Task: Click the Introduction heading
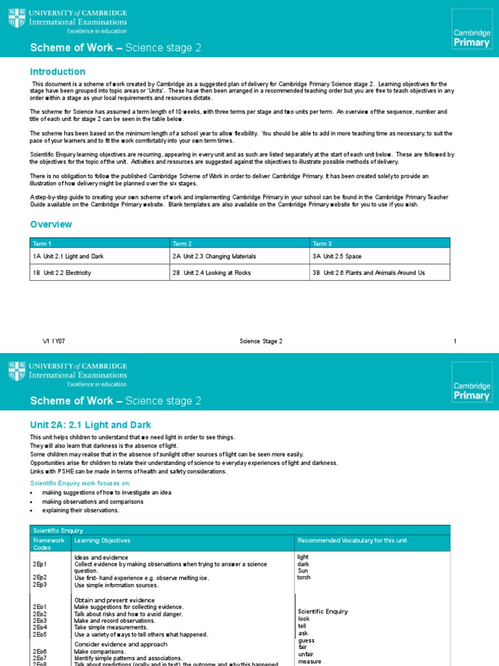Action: tap(58, 72)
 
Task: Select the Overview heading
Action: tap(51, 224)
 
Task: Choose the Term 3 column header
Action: tap(322, 243)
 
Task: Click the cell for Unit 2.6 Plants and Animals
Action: tap(368, 273)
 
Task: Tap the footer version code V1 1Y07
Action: tap(53, 341)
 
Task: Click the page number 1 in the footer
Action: tap(455, 341)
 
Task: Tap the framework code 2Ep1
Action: tap(40, 565)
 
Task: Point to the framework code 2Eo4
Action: tap(40, 627)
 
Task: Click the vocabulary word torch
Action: tap(304, 577)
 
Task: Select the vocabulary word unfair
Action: tap(306, 654)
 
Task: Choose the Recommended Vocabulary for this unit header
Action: tap(352, 540)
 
